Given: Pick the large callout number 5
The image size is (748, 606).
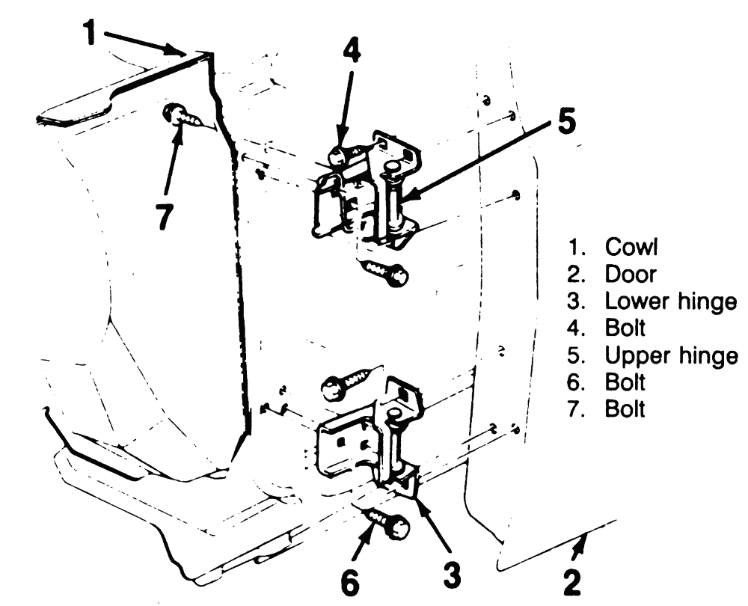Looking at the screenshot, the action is click(x=565, y=120).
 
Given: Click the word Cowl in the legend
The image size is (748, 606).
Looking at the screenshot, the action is click(x=631, y=247).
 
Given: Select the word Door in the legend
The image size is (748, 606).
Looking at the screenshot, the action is click(x=631, y=274).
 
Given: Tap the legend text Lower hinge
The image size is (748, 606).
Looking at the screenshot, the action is click(x=671, y=302).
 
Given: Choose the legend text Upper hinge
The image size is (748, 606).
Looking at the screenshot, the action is click(x=671, y=355).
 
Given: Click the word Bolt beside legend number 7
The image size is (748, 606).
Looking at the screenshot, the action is click(x=625, y=409).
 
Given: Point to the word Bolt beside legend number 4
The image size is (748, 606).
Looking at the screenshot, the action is click(x=625, y=328).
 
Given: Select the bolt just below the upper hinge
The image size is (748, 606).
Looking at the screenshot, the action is click(x=384, y=273).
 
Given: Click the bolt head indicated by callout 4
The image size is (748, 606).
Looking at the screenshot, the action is click(x=338, y=156).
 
